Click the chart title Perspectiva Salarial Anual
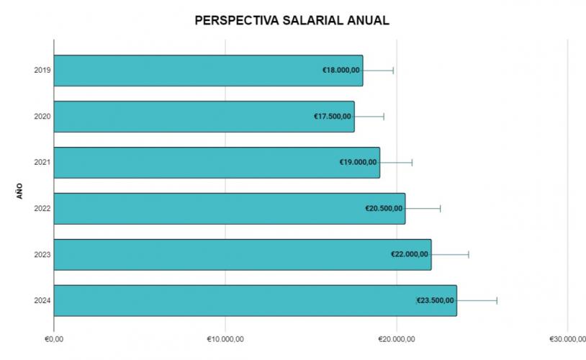[292, 20]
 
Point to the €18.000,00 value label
[341, 71]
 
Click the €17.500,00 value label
[333, 117]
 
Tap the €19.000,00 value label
[359, 163]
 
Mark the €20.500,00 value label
[384, 209]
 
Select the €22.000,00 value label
[410, 254]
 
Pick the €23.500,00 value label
[436, 300]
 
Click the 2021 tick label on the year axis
[42, 163]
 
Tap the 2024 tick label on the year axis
[42, 300]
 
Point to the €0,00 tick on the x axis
[54, 338]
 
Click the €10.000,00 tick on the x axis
[225, 338]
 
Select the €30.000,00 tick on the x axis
[567, 338]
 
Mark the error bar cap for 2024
[497, 300]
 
